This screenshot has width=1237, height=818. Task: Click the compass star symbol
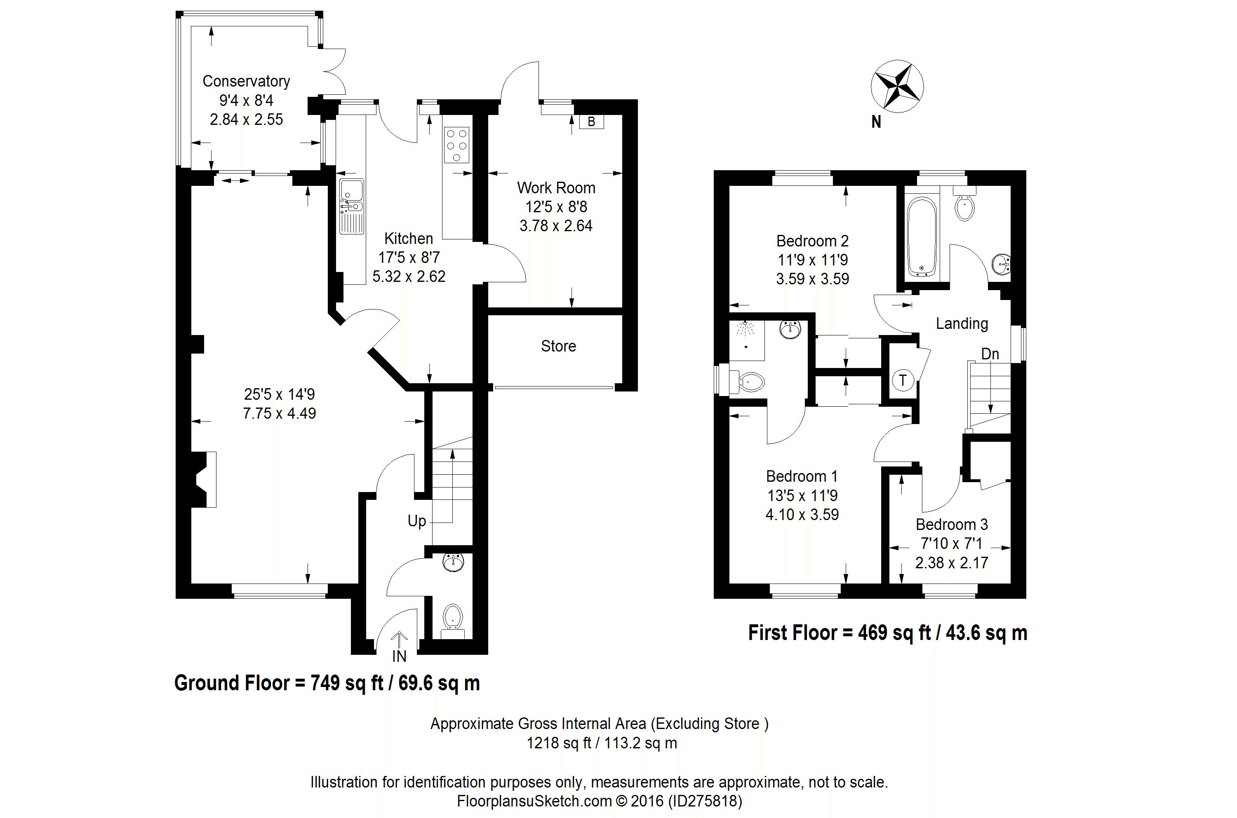click(897, 86)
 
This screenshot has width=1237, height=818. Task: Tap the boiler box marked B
click(591, 122)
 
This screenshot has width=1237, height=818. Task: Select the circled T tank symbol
click(903, 380)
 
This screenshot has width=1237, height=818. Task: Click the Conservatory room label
click(246, 81)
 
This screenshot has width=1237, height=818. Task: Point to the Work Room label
click(556, 188)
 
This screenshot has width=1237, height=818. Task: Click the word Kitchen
click(409, 239)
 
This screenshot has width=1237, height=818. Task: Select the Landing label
click(962, 324)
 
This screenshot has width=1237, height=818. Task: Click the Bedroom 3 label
click(952, 524)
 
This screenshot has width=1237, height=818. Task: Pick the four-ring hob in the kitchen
click(457, 145)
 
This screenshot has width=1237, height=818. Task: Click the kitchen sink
click(352, 206)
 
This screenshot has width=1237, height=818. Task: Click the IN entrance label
click(399, 656)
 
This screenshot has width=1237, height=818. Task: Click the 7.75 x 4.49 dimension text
click(279, 413)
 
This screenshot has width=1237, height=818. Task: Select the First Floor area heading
click(888, 633)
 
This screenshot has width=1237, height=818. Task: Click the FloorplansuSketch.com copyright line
click(599, 801)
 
